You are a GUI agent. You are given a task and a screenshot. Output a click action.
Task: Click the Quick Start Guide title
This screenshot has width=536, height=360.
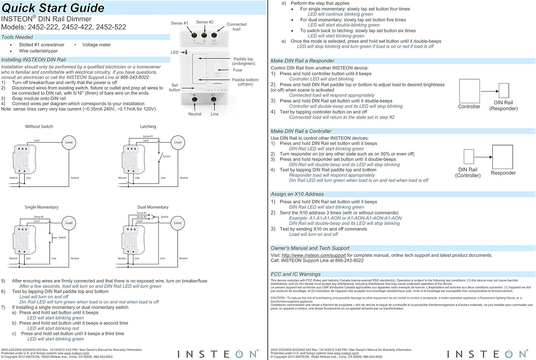[x=53, y=8]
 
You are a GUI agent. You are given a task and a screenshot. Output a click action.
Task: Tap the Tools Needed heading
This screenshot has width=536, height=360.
[x=17, y=37]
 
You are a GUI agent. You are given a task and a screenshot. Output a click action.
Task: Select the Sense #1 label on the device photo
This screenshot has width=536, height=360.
[x=179, y=23]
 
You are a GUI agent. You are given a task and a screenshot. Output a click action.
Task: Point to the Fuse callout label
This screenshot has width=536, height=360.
[x=237, y=70]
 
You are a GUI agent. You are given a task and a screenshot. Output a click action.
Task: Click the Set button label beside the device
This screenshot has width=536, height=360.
[x=174, y=87]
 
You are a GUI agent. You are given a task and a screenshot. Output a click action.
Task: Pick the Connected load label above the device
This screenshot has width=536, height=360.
[x=236, y=27]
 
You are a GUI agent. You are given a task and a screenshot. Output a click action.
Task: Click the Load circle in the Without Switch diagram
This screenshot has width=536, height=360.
[x=69, y=142]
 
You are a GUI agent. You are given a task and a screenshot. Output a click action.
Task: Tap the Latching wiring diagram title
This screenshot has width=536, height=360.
[x=148, y=126]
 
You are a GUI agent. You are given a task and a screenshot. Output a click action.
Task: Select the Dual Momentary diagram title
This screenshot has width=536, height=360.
[x=153, y=207]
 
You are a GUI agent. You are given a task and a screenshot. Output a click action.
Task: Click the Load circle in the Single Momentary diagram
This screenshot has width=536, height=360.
[x=69, y=223]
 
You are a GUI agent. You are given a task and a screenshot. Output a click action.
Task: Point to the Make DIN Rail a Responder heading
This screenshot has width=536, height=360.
[x=302, y=61]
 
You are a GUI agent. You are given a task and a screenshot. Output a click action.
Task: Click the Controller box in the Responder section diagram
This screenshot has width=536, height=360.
[x=469, y=91]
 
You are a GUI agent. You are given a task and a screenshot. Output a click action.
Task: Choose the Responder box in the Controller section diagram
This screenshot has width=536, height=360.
[x=502, y=157]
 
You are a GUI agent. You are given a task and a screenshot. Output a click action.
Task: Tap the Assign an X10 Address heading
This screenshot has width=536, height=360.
[x=297, y=194]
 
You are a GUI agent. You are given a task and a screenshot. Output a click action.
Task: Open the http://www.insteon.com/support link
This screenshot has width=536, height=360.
[x=313, y=255]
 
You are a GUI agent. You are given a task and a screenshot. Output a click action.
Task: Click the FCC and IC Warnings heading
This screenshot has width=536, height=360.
[x=296, y=274]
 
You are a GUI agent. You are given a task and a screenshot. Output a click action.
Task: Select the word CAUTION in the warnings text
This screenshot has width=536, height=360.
[x=277, y=298]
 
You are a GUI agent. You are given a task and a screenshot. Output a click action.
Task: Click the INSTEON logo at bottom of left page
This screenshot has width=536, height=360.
[x=218, y=354]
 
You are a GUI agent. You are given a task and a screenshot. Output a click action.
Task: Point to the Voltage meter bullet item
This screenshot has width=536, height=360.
[x=96, y=45]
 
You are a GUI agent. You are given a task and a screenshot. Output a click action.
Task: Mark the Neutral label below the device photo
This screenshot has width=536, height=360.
[x=195, y=114]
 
